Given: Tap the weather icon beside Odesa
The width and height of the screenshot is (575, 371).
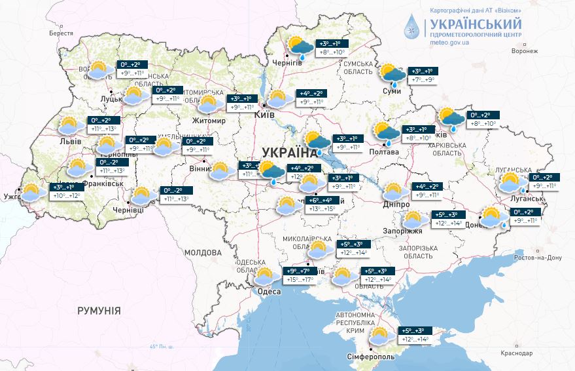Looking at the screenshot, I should (264, 277).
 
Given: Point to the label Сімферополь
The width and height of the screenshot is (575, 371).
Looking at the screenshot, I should (370, 358).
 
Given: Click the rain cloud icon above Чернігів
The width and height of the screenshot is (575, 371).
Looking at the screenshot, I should (301, 48).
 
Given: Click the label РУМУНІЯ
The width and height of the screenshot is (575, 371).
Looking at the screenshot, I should (99, 310).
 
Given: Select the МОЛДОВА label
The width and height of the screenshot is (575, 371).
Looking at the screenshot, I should (203, 252).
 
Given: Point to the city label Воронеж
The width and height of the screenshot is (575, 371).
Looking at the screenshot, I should (525, 50).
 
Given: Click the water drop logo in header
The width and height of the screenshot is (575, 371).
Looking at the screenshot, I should (412, 28).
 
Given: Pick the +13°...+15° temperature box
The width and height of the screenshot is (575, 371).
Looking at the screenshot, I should (322, 209).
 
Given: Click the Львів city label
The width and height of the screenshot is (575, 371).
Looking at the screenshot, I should (71, 141).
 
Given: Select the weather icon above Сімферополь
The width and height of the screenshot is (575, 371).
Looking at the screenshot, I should (378, 337).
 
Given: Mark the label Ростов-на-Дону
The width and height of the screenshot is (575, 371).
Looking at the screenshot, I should (538, 258).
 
